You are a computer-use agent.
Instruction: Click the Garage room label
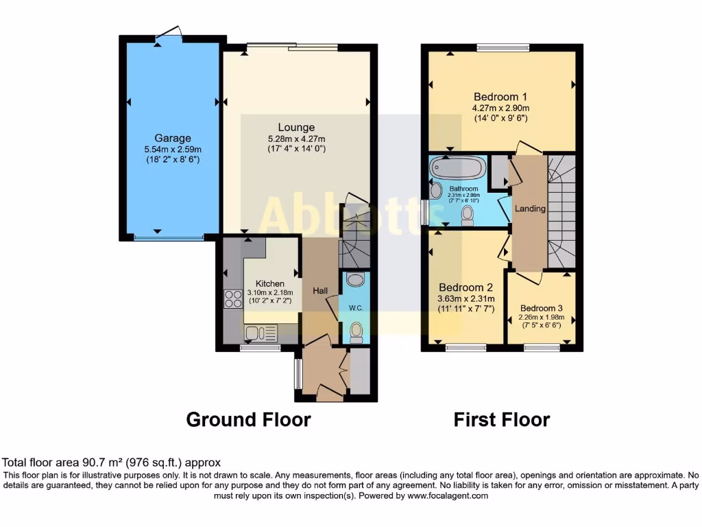tap(172, 138)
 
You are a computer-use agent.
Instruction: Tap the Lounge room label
tap(296, 127)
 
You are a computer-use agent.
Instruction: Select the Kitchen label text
tap(269, 283)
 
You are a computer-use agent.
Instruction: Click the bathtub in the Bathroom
tap(458, 168)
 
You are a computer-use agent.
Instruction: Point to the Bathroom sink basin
tap(436, 190)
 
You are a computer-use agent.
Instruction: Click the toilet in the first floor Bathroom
tap(468, 215)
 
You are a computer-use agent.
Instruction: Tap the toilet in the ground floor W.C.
tap(356, 332)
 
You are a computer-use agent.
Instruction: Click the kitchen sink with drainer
tap(261, 333)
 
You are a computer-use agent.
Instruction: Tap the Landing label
tap(530, 209)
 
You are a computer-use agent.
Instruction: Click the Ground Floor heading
tap(248, 419)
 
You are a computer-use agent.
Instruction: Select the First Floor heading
tap(501, 419)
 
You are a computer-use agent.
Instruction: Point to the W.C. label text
tap(356, 308)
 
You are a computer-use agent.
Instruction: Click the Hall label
tap(319, 291)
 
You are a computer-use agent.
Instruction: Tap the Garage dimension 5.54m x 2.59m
tap(172, 150)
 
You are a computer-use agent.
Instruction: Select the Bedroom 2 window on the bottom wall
tap(466, 348)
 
